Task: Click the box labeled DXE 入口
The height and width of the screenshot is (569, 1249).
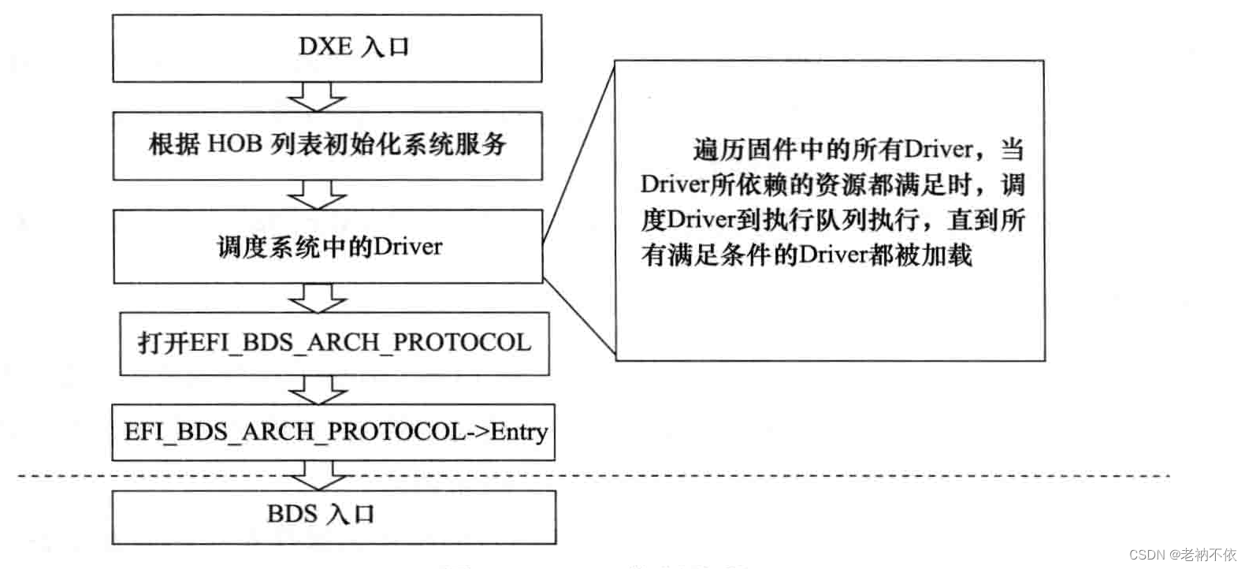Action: click(327, 48)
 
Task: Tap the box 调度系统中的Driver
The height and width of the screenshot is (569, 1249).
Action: click(328, 247)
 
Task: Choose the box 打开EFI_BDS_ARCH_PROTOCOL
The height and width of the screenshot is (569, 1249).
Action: click(334, 343)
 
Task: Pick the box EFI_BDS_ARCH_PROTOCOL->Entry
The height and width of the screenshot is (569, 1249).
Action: click(334, 432)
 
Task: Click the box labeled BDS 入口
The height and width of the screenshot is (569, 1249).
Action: click(334, 516)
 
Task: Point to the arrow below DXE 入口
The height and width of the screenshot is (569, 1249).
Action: click(317, 97)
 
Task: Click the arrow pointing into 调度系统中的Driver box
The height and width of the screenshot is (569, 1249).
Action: click(317, 194)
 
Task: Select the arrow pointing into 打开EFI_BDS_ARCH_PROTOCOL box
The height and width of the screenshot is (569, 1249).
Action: click(318, 297)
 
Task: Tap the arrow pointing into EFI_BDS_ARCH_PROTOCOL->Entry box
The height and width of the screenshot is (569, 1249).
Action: click(318, 389)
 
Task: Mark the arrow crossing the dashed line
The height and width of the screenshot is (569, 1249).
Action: click(318, 476)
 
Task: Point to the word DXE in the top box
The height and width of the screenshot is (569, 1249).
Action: click(325, 46)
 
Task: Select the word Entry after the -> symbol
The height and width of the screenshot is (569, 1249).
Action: click(519, 432)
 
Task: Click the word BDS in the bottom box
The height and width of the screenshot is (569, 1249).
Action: click(292, 515)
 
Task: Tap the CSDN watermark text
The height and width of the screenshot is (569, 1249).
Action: click(1182, 554)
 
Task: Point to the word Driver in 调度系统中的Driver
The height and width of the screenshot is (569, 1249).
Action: click(407, 247)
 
